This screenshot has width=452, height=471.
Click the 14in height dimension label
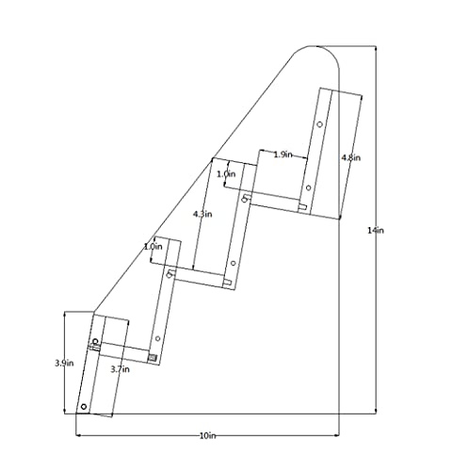click(376, 231)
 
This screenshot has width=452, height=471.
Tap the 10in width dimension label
click(208, 436)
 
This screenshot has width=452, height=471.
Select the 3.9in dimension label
click(64, 363)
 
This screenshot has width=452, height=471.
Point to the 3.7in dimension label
click(120, 369)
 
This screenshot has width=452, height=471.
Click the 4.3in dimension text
click(202, 214)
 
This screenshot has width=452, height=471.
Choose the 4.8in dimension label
click(351, 157)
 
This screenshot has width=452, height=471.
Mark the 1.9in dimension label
click(282, 154)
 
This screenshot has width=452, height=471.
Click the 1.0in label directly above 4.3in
click(226, 174)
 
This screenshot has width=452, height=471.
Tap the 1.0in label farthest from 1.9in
click(153, 247)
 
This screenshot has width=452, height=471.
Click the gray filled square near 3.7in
click(153, 358)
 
